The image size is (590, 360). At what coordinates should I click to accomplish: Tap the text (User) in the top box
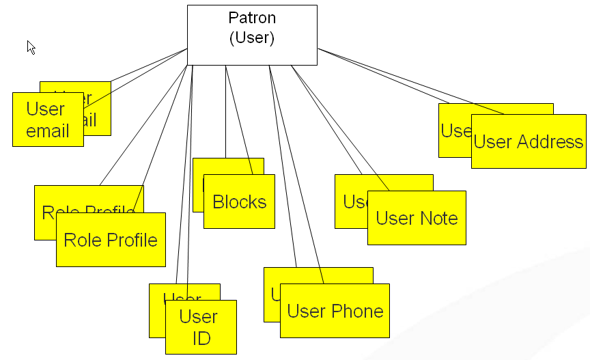[x=252, y=38]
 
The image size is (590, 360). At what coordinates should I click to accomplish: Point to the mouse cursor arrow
[x=31, y=46]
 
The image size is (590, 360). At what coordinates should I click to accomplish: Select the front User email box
[x=48, y=120]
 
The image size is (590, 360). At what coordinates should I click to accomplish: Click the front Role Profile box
[x=111, y=240]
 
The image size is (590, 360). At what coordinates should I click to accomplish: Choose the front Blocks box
[x=239, y=202]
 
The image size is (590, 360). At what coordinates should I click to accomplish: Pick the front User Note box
[x=417, y=218]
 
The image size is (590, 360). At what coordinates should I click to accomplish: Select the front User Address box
[x=529, y=141]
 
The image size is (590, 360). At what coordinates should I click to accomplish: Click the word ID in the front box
[x=201, y=337]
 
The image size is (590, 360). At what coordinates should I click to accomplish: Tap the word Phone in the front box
[x=357, y=311]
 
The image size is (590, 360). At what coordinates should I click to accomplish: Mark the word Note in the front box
[x=440, y=219]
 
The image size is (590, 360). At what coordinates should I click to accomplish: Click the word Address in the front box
[x=550, y=142]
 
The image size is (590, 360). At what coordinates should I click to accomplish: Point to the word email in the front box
[x=48, y=130]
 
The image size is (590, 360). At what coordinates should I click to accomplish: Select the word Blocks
[x=239, y=202]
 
